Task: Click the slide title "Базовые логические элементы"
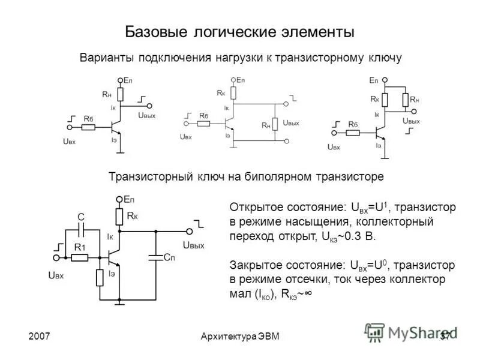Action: (239, 31)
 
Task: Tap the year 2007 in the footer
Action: (39, 336)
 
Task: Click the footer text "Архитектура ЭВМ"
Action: (240, 336)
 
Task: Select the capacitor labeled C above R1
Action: (81, 229)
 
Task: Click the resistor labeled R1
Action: (79, 257)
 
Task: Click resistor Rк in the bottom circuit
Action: (119, 217)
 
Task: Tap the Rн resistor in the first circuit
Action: (120, 94)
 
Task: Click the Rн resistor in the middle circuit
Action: (275, 124)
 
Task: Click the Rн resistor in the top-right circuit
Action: (406, 100)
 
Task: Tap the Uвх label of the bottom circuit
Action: (55, 275)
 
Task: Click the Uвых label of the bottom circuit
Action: (193, 245)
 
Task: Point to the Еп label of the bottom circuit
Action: (129, 199)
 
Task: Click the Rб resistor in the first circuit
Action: (89, 126)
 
